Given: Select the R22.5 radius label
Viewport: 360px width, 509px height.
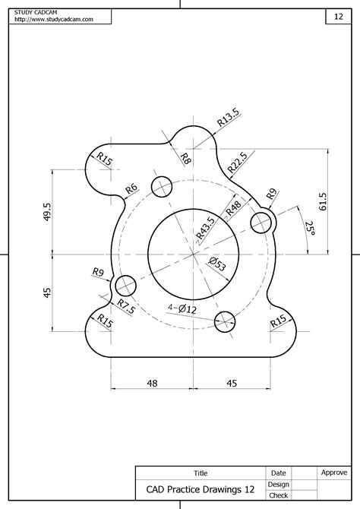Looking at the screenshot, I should click(237, 162).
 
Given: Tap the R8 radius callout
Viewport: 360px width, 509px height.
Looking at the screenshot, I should click(185, 158).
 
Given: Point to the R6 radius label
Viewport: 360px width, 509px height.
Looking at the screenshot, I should click(131, 188).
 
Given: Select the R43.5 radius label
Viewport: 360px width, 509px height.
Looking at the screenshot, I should click(204, 228).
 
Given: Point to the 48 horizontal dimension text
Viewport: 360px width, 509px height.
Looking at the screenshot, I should click(152, 384).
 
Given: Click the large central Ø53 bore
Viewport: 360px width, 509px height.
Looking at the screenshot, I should click(187, 251).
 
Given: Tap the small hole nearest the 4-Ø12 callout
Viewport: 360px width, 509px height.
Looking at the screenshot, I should click(226, 319).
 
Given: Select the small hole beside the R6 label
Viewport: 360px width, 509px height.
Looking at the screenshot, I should click(162, 186).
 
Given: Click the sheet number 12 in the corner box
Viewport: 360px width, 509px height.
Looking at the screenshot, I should click(338, 16).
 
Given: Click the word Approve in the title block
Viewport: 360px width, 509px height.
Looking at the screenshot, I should click(334, 473).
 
